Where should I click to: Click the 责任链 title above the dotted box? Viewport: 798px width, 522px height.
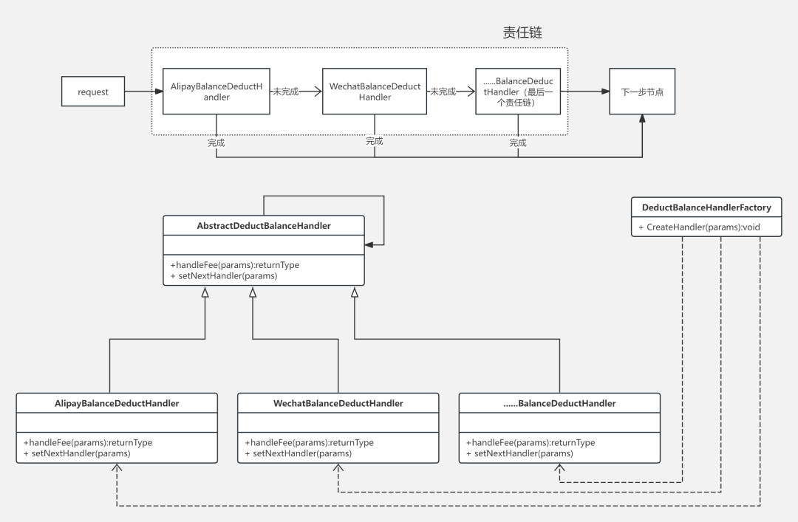pyautogui.click(x=522, y=32)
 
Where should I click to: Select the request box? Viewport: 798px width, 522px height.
pyautogui.click(x=93, y=92)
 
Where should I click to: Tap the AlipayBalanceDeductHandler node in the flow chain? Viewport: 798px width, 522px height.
pyautogui.click(x=216, y=92)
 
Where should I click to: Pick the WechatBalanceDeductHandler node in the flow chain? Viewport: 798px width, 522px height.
pyautogui.click(x=375, y=92)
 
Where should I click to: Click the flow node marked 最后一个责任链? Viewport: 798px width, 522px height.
pyautogui.click(x=518, y=92)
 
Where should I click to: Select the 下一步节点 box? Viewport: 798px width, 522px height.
pyautogui.click(x=642, y=92)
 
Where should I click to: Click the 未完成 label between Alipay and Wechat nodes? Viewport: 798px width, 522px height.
pyautogui.click(x=285, y=92)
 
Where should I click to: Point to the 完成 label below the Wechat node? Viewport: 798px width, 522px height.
pyautogui.click(x=375, y=141)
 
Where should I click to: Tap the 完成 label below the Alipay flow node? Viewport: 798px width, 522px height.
pyautogui.click(x=216, y=143)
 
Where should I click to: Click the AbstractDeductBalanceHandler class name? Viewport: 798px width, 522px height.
pyautogui.click(x=264, y=226)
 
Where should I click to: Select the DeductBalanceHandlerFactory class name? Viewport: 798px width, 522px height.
pyautogui.click(x=706, y=207)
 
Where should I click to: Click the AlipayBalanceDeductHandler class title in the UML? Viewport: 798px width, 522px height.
pyautogui.click(x=117, y=403)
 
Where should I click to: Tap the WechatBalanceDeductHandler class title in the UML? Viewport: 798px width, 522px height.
pyautogui.click(x=338, y=403)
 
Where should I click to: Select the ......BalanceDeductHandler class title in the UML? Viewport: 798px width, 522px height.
pyautogui.click(x=560, y=403)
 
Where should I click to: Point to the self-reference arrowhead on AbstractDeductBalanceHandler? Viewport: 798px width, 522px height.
pyautogui.click(x=369, y=245)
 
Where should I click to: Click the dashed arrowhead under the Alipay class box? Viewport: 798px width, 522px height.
pyautogui.click(x=117, y=467)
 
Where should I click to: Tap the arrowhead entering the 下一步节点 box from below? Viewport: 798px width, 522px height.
pyautogui.click(x=642, y=119)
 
